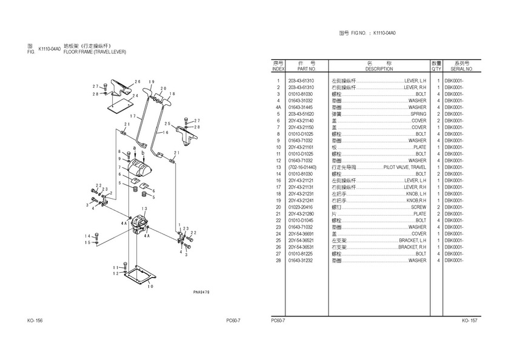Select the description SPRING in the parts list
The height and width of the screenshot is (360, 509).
pyautogui.click(x=418, y=114)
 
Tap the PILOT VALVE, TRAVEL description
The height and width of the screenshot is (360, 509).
pyautogui.click(x=405, y=167)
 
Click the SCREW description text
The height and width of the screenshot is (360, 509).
pyautogui.click(x=418, y=207)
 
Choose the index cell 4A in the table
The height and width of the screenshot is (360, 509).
pyautogui.click(x=278, y=107)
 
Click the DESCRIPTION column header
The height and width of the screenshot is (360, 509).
pyautogui.click(x=379, y=69)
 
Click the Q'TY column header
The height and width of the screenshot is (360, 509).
pyautogui.click(x=436, y=69)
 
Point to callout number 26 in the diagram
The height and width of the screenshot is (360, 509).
pyautogui.click(x=138, y=82)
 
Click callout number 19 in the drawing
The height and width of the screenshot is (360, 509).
pyautogui.click(x=151, y=82)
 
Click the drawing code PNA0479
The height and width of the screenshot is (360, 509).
pyautogui.click(x=202, y=291)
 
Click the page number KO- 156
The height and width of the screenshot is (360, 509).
pyautogui.click(x=35, y=321)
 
